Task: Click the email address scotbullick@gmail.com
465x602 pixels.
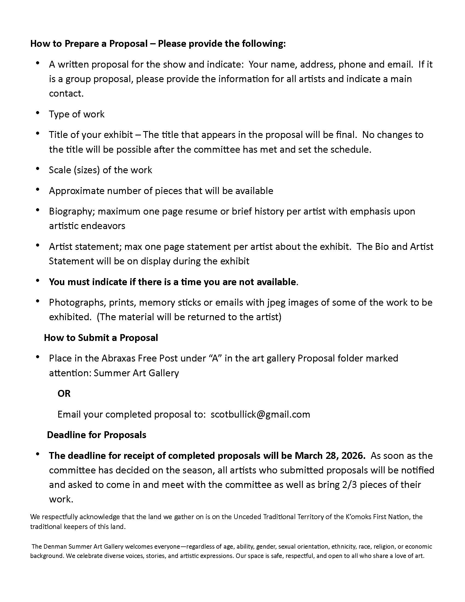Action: [x=260, y=414]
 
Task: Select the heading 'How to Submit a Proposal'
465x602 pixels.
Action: [x=101, y=338]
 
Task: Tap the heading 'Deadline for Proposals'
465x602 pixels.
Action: [x=96, y=435]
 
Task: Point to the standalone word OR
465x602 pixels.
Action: [x=64, y=393]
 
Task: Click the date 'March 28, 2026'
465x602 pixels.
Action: [x=330, y=456]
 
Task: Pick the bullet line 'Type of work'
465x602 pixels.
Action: [x=77, y=114]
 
